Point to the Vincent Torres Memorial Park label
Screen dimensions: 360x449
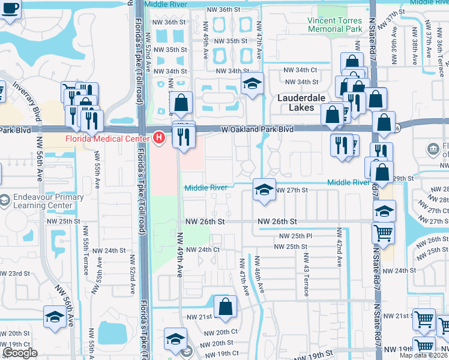point(334,24)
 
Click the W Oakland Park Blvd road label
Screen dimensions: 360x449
point(257,129)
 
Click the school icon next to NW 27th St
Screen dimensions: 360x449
point(263,190)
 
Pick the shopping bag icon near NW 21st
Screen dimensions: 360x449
point(225,306)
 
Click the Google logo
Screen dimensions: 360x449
point(20,353)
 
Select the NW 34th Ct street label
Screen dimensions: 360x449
point(301,70)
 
